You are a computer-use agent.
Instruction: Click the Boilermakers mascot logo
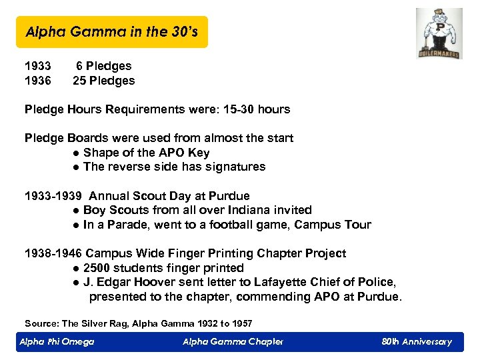coord(438,34)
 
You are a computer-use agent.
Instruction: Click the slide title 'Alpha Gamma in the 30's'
coord(111,32)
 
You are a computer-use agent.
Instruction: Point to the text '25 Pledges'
coord(104,81)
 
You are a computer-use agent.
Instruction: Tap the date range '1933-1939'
coord(53,196)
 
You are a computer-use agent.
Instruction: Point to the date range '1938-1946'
coord(53,253)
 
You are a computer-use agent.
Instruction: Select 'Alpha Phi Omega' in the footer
coord(57,342)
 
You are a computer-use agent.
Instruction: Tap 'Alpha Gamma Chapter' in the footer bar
coord(233,342)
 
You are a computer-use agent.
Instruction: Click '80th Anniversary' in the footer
coord(417,342)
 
